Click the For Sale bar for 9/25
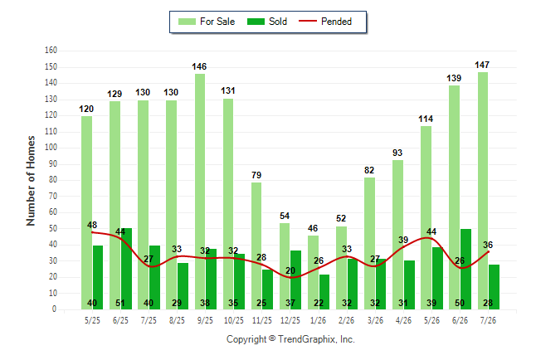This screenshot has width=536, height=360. pos(200,192)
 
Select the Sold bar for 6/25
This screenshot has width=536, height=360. pos(126,269)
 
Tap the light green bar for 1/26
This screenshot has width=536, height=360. pos(313,272)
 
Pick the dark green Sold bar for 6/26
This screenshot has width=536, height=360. pos(465,270)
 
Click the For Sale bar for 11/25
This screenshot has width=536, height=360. pos(256,246)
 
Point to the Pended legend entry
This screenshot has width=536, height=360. pos(325,22)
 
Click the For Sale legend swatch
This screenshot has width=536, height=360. pos(187,22)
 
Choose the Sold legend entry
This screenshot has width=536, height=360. pos(267,22)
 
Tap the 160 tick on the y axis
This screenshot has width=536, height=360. pos(51,51)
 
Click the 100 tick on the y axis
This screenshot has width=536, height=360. pos(51,148)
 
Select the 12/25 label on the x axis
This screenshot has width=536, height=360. pos(290,320)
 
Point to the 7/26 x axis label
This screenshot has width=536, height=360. pos(488,320)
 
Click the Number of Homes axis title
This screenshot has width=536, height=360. pos(31,181)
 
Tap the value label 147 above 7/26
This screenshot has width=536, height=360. pos(482,65)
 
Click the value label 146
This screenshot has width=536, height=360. pos(199,66)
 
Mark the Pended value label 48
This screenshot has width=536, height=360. pos(92,225)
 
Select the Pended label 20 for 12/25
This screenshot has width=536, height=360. pos(290,270)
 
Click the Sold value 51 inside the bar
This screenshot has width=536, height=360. pos(120,303)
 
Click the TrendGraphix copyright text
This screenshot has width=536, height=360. pos(290,339)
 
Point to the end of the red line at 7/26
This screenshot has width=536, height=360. pos(488,251)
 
